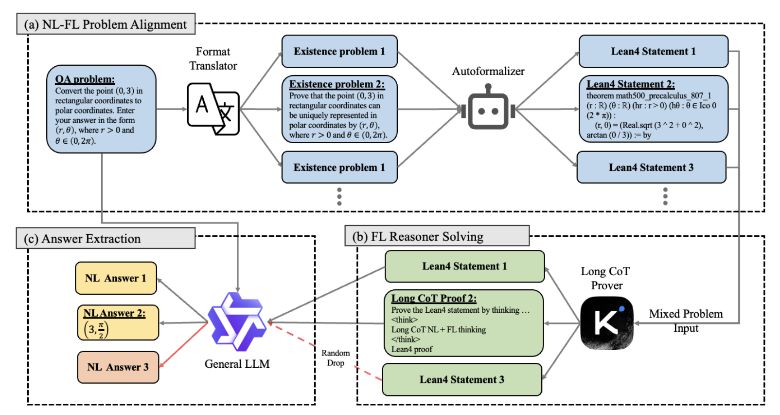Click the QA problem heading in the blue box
(85, 79)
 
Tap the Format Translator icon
(213, 109)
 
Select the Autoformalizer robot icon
(488, 108)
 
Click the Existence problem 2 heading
(337, 84)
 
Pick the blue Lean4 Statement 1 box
(653, 51)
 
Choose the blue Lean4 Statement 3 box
(651, 168)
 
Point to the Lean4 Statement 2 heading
(630, 84)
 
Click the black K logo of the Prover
(607, 323)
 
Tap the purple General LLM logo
(237, 322)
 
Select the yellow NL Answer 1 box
(116, 278)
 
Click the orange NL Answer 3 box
(118, 367)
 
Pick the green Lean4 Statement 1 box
(464, 266)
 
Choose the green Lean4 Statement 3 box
(462, 379)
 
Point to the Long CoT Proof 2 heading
(434, 299)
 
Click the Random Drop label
(336, 358)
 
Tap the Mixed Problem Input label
(686, 321)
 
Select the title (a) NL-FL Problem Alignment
(106, 24)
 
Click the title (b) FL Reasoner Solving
(418, 237)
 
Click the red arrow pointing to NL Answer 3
(183, 345)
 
